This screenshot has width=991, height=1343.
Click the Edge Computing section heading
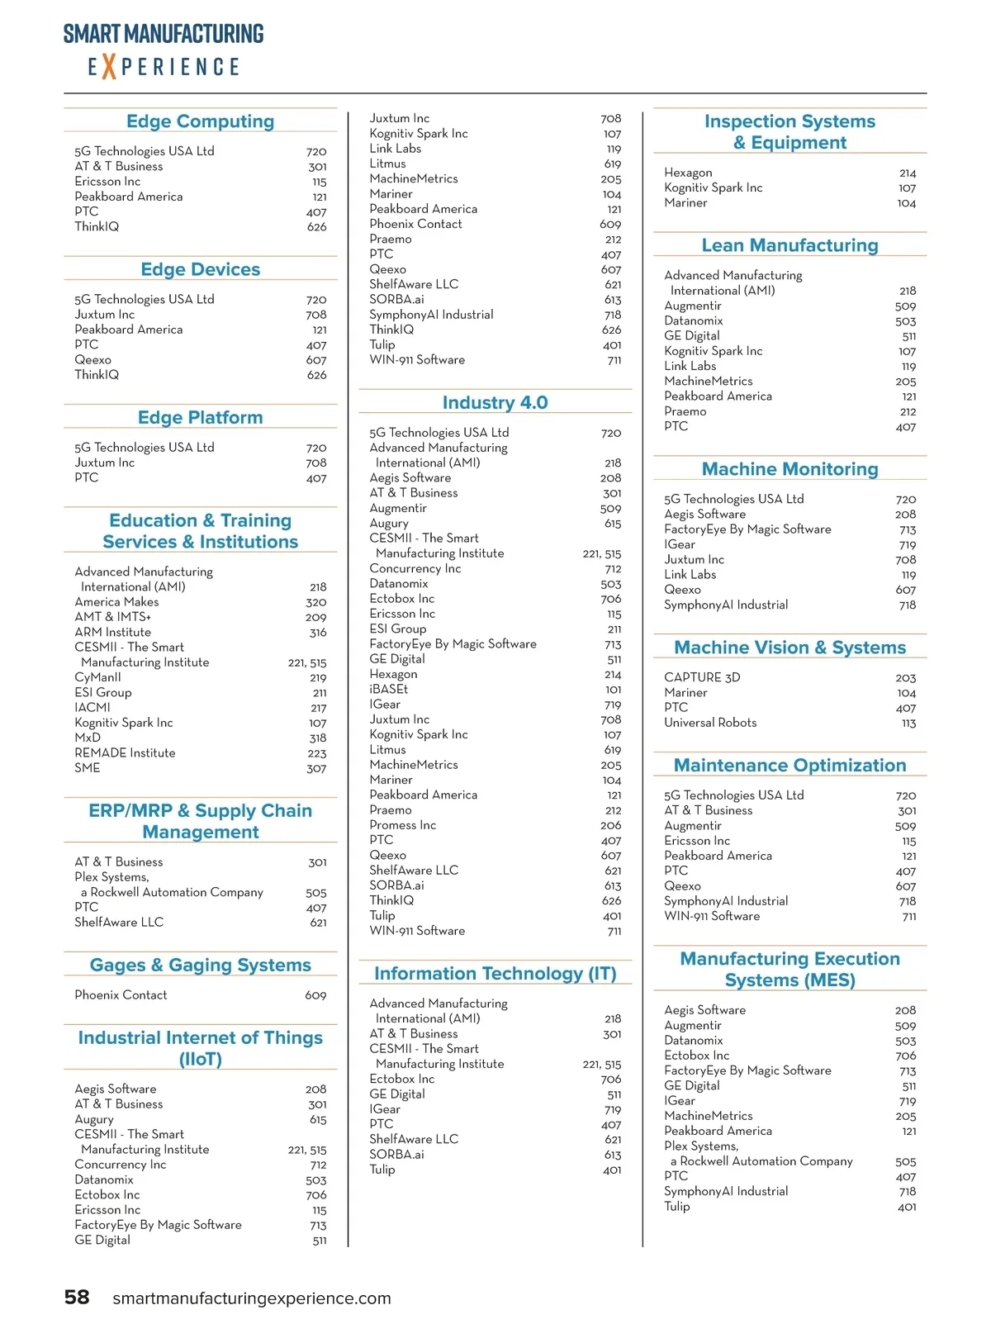200,121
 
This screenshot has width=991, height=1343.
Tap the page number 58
77,1297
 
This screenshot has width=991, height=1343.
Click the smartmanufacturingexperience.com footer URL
251,1298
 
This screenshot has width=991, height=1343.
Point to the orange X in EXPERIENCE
108,66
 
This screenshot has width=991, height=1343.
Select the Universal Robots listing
710,723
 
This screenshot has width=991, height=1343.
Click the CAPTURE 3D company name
702,677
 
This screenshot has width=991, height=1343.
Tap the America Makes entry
116,602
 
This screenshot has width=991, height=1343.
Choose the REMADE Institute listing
125,752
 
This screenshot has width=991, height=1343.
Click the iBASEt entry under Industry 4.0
388,689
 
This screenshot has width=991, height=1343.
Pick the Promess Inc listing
402,825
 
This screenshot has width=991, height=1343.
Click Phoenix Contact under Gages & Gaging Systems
121,995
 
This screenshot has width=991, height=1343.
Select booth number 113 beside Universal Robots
908,724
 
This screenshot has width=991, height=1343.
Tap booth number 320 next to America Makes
316,603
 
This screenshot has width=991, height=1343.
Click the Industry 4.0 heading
495,402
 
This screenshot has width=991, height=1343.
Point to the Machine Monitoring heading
789,469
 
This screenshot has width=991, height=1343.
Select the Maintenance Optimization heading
789,766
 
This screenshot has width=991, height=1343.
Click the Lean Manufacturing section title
789,245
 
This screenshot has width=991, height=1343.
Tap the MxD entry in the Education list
88,738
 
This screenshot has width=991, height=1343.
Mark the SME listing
87,768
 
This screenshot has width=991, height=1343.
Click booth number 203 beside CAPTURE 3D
906,678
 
